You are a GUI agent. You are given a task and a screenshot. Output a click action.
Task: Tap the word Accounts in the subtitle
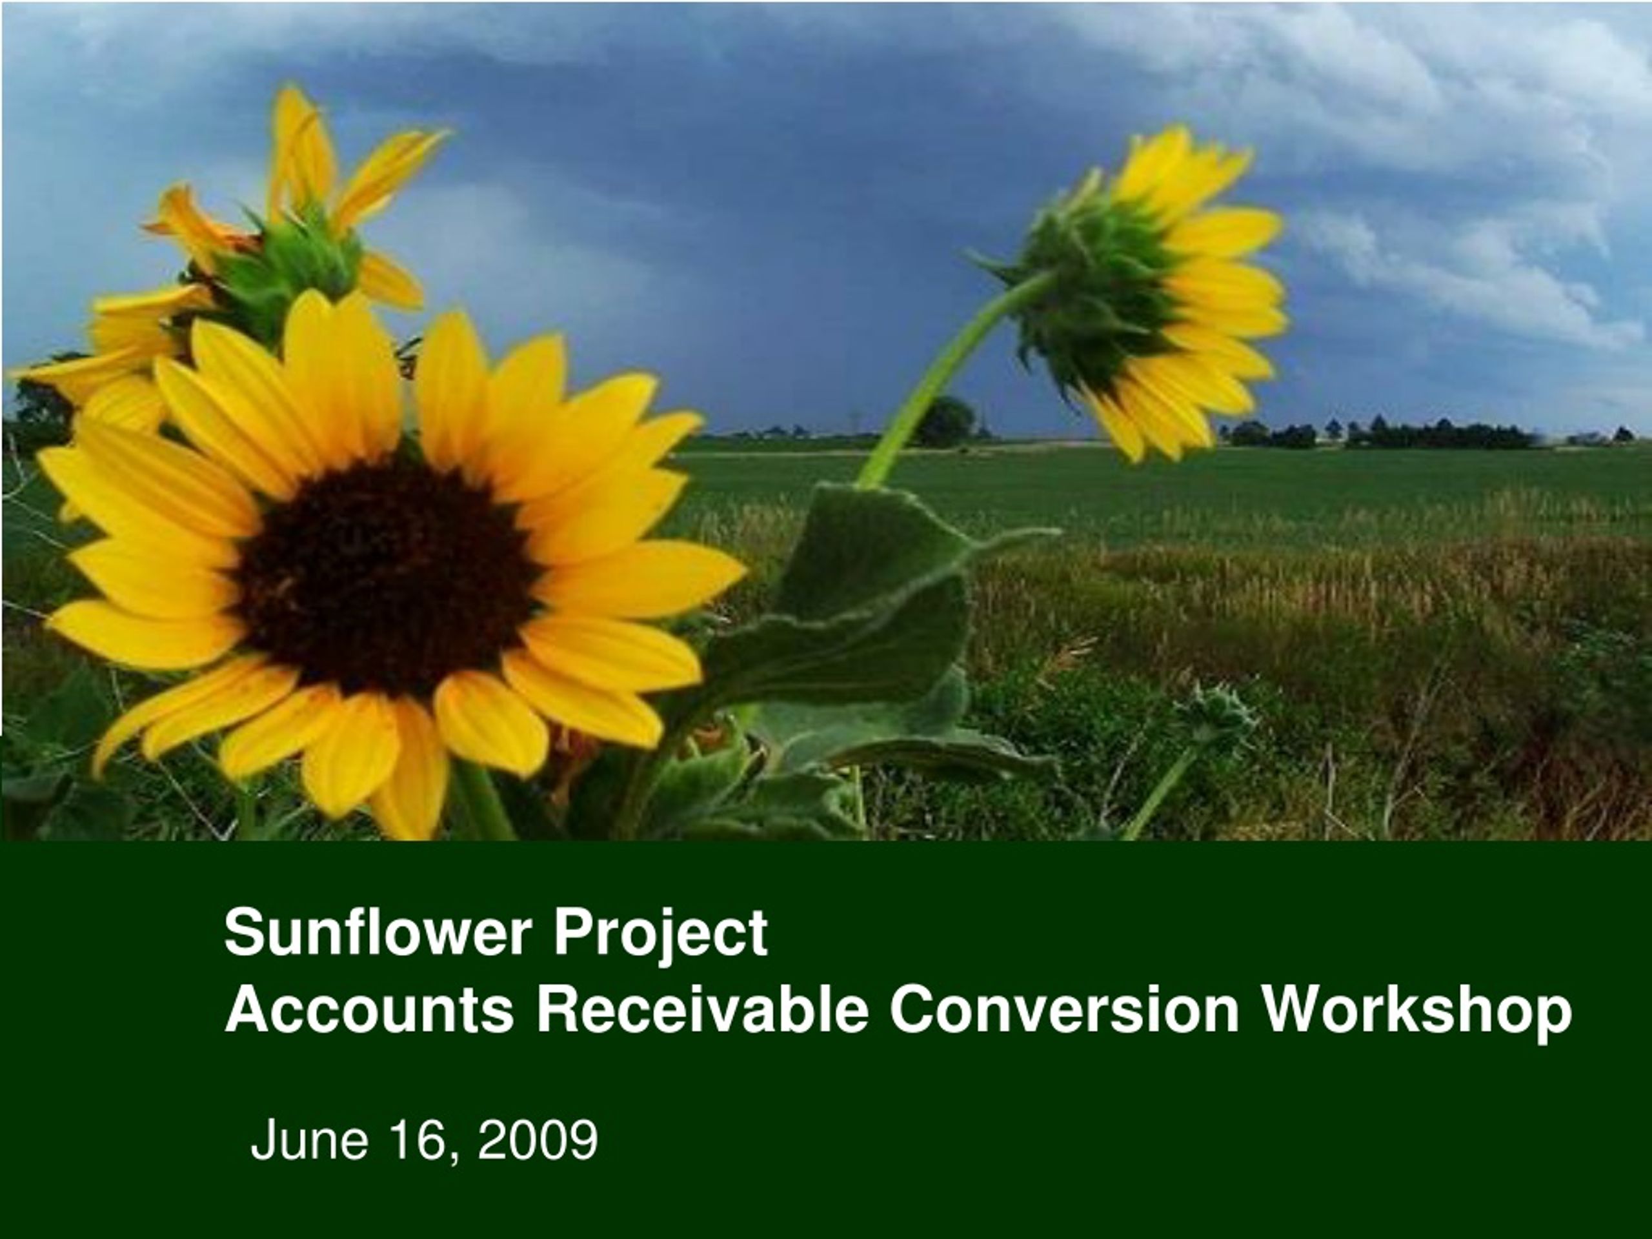(370, 1009)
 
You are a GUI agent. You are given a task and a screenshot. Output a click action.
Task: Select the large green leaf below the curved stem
(874, 598)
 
